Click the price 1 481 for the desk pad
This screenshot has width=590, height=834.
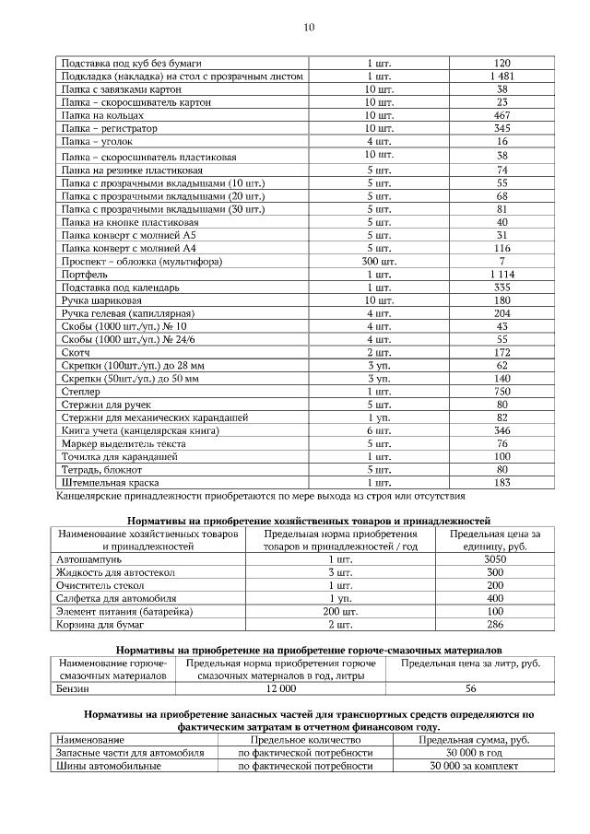click(501, 76)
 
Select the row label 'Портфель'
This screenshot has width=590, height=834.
click(85, 275)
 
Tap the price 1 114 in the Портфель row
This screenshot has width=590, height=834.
click(501, 275)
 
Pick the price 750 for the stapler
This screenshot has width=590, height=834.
click(501, 391)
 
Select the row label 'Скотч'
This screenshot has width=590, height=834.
click(77, 353)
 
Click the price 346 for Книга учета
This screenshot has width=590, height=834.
click(501, 430)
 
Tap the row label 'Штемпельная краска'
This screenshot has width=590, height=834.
click(110, 482)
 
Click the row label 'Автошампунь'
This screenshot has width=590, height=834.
click(89, 559)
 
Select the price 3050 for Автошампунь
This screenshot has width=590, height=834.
click(495, 559)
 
